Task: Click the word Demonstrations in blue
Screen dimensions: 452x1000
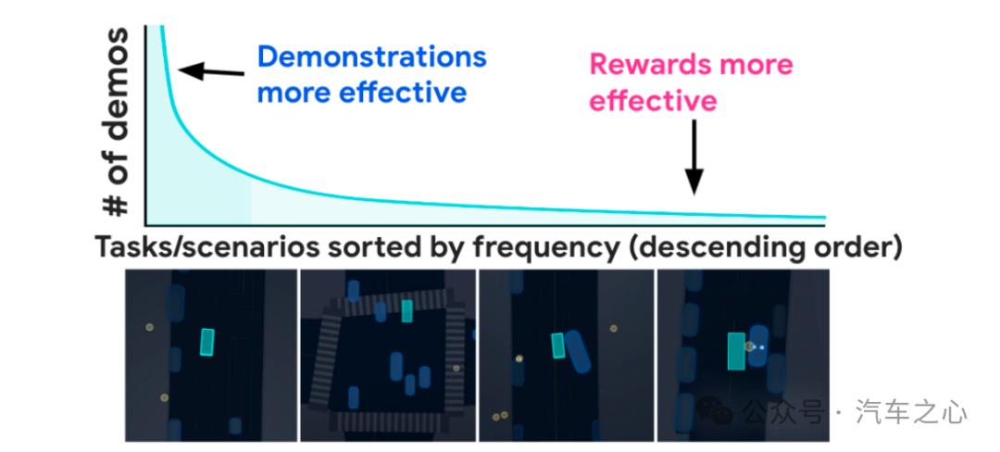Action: pos(371,57)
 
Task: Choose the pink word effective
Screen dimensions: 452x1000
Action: pos(654,100)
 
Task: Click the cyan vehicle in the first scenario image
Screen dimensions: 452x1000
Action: pos(207,342)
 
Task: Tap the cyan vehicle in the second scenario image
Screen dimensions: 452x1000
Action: pos(406,311)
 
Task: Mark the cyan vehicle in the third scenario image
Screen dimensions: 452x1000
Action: pos(558,345)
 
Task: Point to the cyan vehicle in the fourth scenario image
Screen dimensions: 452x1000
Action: pos(737,351)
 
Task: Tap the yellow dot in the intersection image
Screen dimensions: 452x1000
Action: pos(456,368)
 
